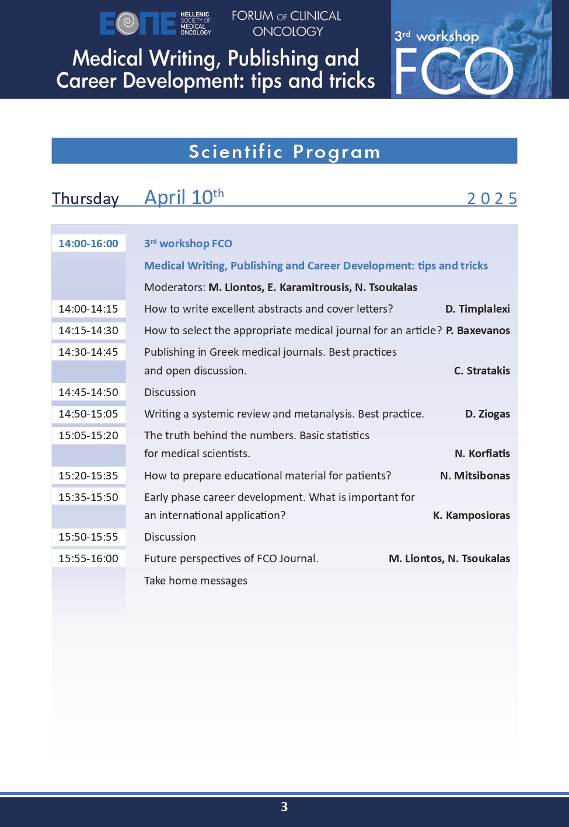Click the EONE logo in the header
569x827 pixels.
coord(138,23)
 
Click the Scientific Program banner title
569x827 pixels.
coord(284,152)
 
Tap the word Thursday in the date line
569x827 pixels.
coord(85,198)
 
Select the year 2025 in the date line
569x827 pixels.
coord(491,198)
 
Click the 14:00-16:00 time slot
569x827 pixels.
coord(88,244)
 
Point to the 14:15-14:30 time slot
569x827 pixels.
coord(88,331)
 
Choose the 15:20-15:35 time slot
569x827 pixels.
coord(88,476)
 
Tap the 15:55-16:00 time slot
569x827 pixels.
coord(88,559)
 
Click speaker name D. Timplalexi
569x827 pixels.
coord(477,309)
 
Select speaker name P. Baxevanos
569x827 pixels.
coord(477,331)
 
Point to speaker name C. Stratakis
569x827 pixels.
coord(481,371)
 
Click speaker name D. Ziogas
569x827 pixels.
coord(487,414)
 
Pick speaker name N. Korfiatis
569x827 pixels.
coord(482,454)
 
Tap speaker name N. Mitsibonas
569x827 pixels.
coord(474,476)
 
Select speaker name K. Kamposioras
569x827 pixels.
coord(471,516)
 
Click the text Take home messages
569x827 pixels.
coord(196,581)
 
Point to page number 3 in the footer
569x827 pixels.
coord(284,807)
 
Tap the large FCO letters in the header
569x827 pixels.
coord(453,71)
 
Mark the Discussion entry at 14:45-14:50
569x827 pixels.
coord(170,393)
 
